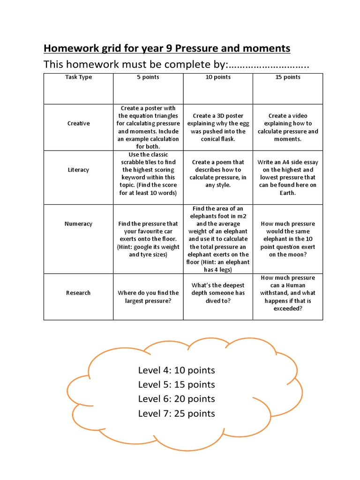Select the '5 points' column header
(x=148, y=77)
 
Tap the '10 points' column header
(x=218, y=77)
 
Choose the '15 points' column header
(x=288, y=77)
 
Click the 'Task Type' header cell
(x=78, y=77)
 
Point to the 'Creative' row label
(x=78, y=123)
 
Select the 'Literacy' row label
(x=78, y=170)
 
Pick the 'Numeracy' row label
(x=78, y=224)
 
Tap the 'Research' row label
(x=78, y=292)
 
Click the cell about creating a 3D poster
(x=218, y=127)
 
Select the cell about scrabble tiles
(x=148, y=173)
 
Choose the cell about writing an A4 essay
(x=288, y=177)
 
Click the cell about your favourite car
(x=148, y=239)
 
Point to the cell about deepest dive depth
(x=218, y=292)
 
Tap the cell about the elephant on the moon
(x=288, y=239)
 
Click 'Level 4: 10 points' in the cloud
(x=176, y=370)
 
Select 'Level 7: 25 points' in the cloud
(x=176, y=413)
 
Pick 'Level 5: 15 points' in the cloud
(x=176, y=385)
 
